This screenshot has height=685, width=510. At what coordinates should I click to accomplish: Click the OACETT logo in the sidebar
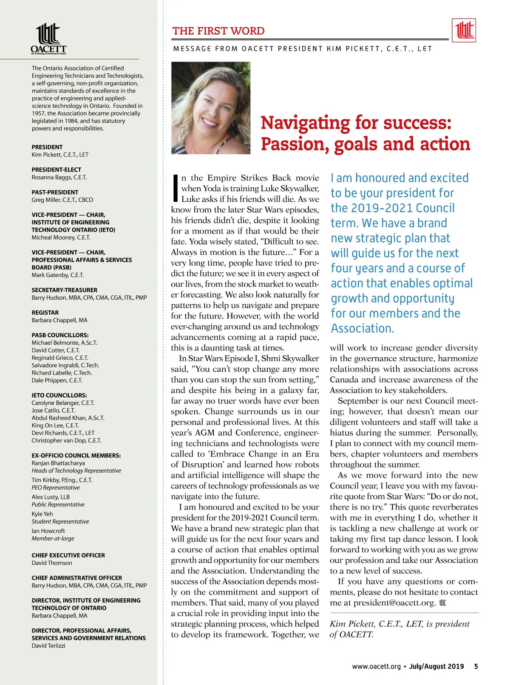point(48,39)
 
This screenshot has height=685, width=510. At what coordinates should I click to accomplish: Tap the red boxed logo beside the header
point(464,30)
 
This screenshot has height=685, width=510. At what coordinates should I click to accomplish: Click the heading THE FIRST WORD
point(218,31)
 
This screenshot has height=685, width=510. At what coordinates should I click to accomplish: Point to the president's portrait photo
point(211,108)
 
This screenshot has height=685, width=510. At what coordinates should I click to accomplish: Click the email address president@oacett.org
point(394,603)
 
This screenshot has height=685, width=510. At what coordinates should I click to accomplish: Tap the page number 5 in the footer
point(476,666)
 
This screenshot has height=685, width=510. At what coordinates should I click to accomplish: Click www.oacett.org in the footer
point(376,666)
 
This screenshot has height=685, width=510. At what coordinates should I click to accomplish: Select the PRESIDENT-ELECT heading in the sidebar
point(56,169)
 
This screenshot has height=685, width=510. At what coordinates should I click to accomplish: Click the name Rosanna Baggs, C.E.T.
point(59,177)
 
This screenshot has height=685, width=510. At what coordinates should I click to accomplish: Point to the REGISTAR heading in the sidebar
point(45,313)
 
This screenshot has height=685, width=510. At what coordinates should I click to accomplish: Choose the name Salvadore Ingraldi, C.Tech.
point(65,365)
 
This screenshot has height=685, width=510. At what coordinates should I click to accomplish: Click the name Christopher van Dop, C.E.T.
point(66,440)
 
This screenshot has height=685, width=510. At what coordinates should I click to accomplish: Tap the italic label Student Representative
point(60,522)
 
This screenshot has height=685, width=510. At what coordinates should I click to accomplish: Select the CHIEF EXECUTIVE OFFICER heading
point(68,555)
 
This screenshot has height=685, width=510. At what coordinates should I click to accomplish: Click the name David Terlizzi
point(48,646)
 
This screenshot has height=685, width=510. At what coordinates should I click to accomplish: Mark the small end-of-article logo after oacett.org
point(442,603)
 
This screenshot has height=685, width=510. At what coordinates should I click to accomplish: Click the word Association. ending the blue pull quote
point(363,328)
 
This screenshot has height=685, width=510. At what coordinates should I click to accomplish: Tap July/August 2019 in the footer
point(436,666)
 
